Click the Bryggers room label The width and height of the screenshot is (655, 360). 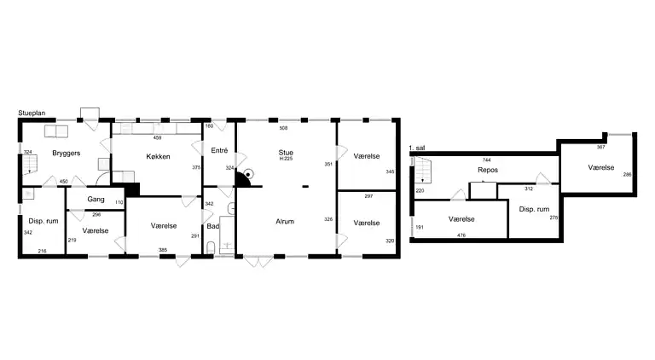(x=66, y=154)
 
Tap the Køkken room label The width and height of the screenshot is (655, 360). (x=158, y=157)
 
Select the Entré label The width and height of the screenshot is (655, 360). (x=219, y=150)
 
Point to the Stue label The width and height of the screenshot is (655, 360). (x=286, y=153)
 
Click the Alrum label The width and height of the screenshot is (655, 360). (x=285, y=221)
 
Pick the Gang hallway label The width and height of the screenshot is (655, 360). (x=96, y=200)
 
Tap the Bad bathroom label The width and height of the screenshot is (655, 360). (x=212, y=226)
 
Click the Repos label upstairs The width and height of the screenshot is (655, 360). (x=488, y=170)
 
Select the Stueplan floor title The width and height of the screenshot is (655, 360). (x=32, y=113)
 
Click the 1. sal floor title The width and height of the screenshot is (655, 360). (x=417, y=148)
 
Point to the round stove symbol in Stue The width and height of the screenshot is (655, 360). (x=248, y=174)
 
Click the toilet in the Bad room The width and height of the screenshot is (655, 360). (x=211, y=247)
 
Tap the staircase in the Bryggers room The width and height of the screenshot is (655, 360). (x=30, y=164)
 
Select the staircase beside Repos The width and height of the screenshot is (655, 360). (x=423, y=170)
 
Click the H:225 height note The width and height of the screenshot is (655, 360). (x=286, y=159)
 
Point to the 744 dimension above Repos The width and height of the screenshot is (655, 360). (x=486, y=160)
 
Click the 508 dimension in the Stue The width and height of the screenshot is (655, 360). (x=283, y=128)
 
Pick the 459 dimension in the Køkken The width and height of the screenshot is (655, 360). (x=157, y=137)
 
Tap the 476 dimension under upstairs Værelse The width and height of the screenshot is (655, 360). (x=461, y=235)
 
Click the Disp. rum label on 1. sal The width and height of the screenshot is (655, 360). (x=534, y=209)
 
